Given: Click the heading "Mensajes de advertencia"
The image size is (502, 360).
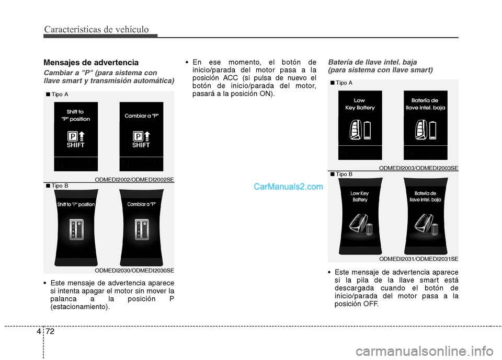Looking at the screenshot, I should pyautogui.click(x=91, y=62).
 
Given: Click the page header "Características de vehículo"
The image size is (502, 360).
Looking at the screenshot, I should pyautogui.click(x=96, y=29).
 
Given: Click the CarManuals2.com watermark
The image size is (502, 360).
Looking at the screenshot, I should pyautogui.click(x=288, y=186).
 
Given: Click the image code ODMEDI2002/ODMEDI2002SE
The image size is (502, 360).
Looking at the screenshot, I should pyautogui.click(x=134, y=179).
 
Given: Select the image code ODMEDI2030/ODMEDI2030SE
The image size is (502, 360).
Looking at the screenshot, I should pyautogui.click(x=134, y=270).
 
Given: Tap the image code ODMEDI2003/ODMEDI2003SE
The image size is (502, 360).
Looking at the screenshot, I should pyautogui.click(x=418, y=168).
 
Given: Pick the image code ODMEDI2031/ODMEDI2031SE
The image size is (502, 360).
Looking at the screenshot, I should pyautogui.click(x=418, y=259).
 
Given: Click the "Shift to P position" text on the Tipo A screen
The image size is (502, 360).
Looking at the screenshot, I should pyautogui.click(x=76, y=115).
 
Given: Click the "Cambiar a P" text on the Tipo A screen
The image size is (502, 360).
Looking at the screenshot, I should pyautogui.click(x=141, y=115).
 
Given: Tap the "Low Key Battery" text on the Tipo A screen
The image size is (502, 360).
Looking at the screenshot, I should pyautogui.click(x=360, y=104).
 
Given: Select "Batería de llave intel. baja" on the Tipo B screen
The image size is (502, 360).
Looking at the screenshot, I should pyautogui.click(x=425, y=196).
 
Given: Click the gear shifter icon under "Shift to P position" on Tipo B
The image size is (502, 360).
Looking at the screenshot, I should pyautogui.click(x=76, y=229).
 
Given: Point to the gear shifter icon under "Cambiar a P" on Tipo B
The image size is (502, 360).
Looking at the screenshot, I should pyautogui.click(x=142, y=229).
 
